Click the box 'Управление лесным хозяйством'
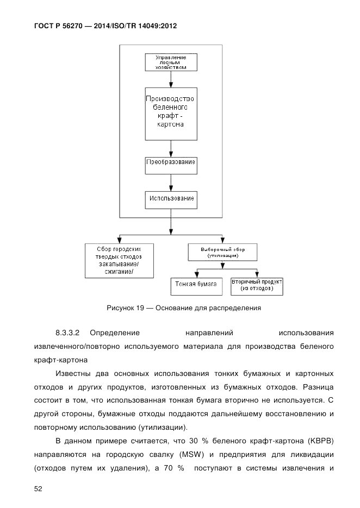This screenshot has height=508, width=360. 171,62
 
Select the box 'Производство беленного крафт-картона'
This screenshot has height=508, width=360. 171,113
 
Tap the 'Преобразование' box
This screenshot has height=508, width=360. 171,162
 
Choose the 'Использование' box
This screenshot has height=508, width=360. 171,199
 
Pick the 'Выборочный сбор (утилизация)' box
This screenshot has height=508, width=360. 222,252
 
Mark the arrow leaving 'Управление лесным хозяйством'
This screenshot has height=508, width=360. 171,79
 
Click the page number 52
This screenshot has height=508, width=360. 39,489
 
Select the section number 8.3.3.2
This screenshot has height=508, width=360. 68,332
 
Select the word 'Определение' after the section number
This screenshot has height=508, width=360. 115,332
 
